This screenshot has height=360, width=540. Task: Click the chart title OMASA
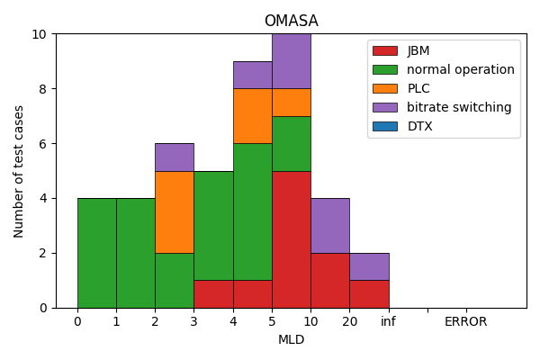[291, 21]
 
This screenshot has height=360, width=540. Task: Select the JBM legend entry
[418, 50]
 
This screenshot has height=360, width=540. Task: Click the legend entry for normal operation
[460, 69]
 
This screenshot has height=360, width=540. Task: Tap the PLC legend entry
[418, 88]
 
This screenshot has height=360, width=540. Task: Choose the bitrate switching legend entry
[458, 107]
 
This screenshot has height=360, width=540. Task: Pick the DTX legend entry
[419, 126]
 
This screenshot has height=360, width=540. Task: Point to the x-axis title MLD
[291, 340]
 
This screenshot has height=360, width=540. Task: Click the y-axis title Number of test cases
[19, 171]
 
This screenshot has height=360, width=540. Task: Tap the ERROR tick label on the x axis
[465, 322]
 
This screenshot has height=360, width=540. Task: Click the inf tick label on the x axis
[388, 322]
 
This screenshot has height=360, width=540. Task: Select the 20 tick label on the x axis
[349, 322]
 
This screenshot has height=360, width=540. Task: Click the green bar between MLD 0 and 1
[96, 253]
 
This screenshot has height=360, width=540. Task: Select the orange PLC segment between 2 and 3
[174, 211]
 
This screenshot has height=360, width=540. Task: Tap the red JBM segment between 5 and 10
[291, 239]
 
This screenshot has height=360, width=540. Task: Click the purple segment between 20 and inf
[369, 266]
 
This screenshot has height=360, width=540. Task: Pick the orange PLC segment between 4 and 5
[252, 116]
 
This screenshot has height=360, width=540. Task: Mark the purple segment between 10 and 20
[329, 225]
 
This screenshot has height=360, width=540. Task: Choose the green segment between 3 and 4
[213, 225]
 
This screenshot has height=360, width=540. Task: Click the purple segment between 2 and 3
[174, 157]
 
